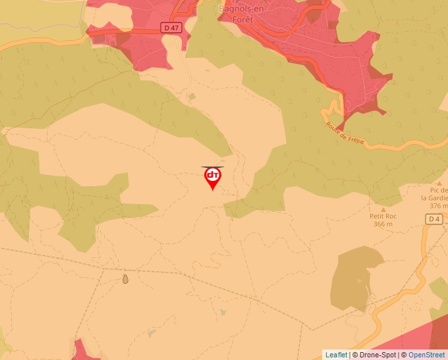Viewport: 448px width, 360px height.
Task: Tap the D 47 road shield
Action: coord(170,27)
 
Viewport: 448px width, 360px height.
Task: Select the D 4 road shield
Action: coord(434,219)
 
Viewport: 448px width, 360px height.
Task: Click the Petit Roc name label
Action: coord(383,216)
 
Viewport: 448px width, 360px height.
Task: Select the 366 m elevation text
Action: coord(383,224)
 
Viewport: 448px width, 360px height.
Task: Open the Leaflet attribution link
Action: coord(336,355)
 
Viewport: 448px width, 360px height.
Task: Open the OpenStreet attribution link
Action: coord(426,355)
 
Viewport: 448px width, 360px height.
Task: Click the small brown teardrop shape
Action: coord(125,279)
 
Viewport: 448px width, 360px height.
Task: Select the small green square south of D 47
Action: coord(192,97)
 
